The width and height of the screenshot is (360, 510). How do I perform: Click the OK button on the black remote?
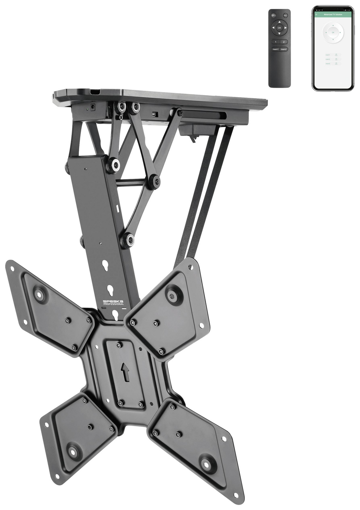click(279, 28)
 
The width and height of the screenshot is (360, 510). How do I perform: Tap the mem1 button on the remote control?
click(275, 49)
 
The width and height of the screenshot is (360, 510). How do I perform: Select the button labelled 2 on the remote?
click(284, 42)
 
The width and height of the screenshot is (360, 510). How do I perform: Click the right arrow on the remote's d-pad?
click(286, 28)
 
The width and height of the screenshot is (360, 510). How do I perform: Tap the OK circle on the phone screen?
click(333, 33)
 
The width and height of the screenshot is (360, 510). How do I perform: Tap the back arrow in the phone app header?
click(316, 15)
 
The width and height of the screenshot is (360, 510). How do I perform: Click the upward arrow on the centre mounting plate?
click(125, 372)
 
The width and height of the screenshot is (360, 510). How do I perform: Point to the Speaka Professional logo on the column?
click(113, 302)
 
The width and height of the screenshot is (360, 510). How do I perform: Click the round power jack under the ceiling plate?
click(92, 107)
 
